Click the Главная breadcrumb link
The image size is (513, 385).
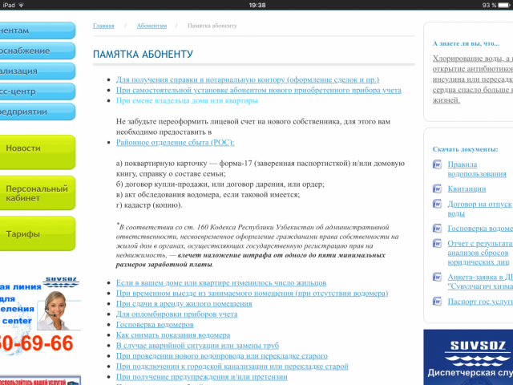(103, 26)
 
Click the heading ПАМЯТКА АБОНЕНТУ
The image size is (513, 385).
(143, 54)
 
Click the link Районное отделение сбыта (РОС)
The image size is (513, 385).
(175, 142)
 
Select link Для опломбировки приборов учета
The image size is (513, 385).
(176, 314)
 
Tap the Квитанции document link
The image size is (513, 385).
(466, 188)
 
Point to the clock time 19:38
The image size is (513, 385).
(257, 5)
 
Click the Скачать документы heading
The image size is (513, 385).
(465, 150)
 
